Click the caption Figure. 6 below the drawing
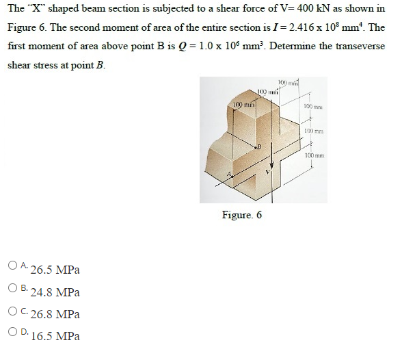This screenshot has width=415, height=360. point(242,216)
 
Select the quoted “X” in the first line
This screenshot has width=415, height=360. point(34,9)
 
